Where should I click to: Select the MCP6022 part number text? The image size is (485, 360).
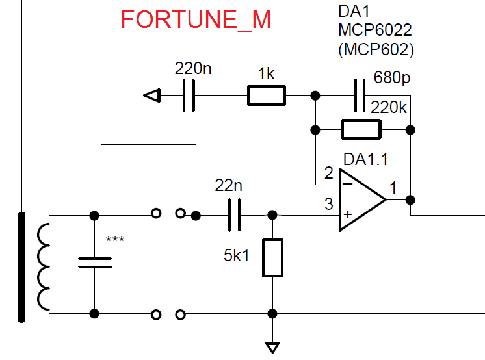[x=375, y=30]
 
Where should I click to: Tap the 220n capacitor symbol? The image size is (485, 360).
[x=189, y=96]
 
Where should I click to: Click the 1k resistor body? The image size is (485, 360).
[x=266, y=96]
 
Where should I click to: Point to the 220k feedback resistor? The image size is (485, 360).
[x=361, y=130]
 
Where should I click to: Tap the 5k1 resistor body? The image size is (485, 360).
[x=273, y=258]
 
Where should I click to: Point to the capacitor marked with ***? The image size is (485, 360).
[x=95, y=263]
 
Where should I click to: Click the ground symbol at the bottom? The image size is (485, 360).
[x=273, y=346]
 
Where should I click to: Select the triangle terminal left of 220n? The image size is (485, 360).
[x=151, y=96]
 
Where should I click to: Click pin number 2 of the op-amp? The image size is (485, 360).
[x=328, y=174]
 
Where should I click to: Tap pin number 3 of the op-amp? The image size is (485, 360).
[x=328, y=205]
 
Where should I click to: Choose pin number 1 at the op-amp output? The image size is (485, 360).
[x=393, y=188]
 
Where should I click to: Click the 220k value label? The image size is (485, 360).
[x=388, y=108]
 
